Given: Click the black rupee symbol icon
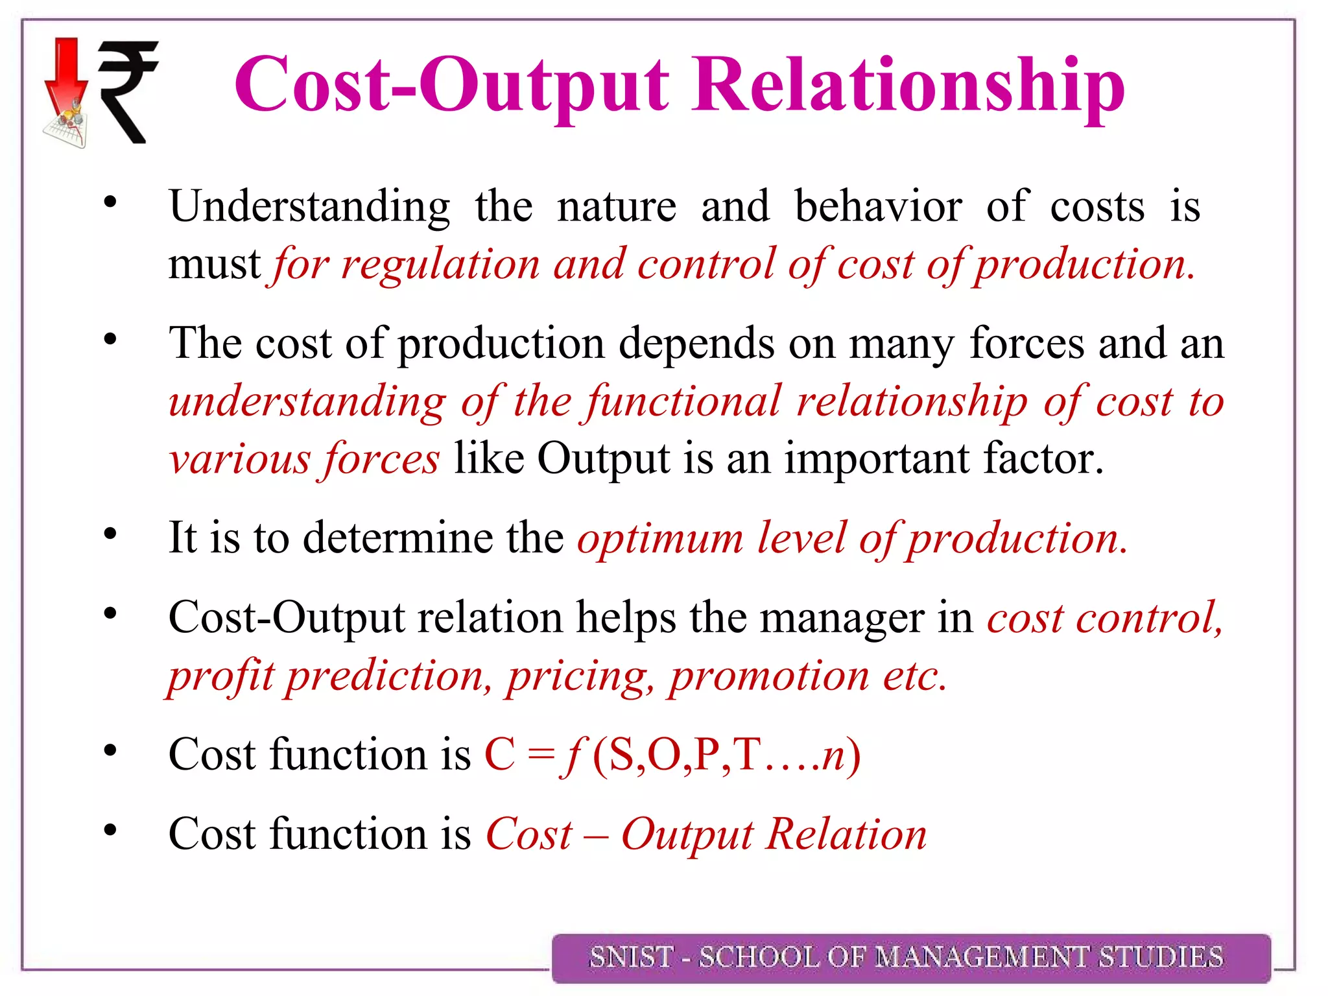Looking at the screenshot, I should point(128,91).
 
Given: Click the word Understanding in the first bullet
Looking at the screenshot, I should point(309,206).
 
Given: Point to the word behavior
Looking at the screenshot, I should point(878,206).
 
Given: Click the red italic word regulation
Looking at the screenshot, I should point(440,265).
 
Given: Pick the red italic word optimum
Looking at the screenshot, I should point(659,538).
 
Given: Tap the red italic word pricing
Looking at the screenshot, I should point(580,676).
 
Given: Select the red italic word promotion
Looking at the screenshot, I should point(769,676).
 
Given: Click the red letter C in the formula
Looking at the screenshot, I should point(500,755).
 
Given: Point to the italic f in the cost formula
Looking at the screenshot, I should point(573,755).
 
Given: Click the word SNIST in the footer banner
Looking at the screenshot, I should point(630,957).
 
